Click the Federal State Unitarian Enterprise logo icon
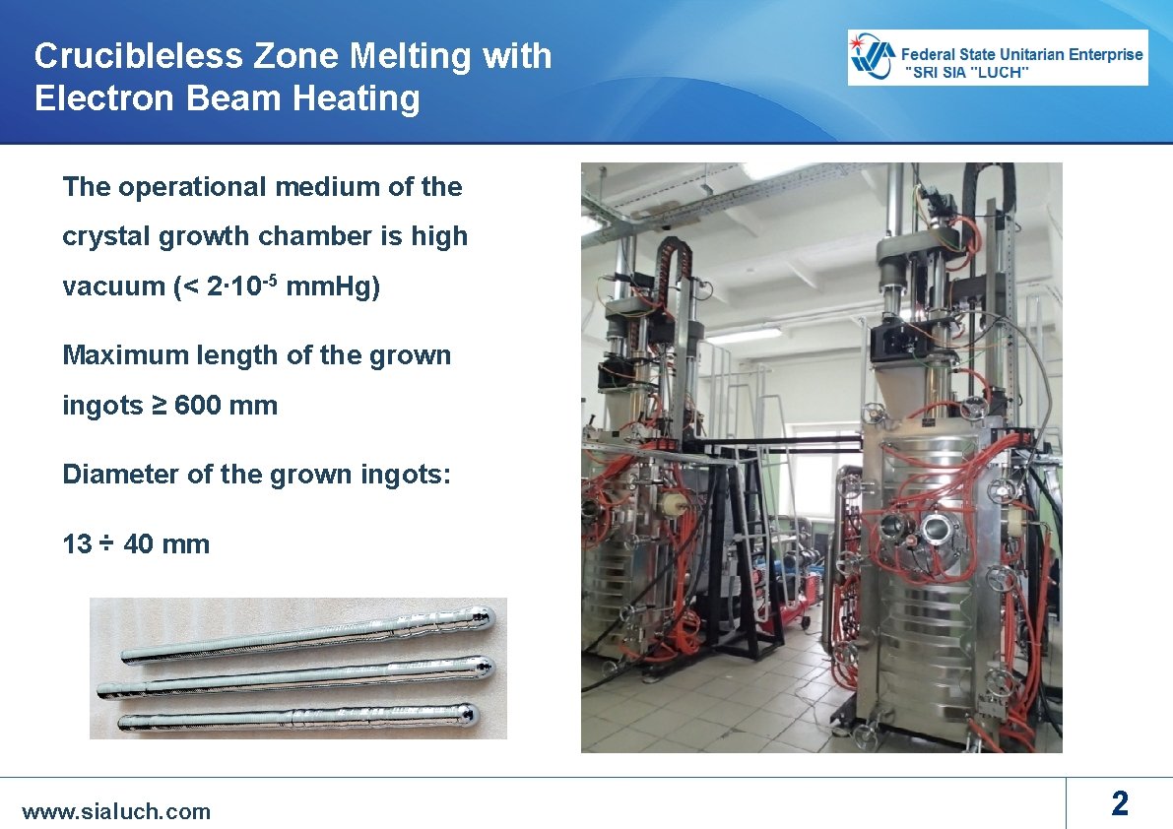(874, 57)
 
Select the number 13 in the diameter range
(77, 544)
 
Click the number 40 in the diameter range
(139, 544)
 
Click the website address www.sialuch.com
(116, 811)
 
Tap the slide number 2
(1119, 804)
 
